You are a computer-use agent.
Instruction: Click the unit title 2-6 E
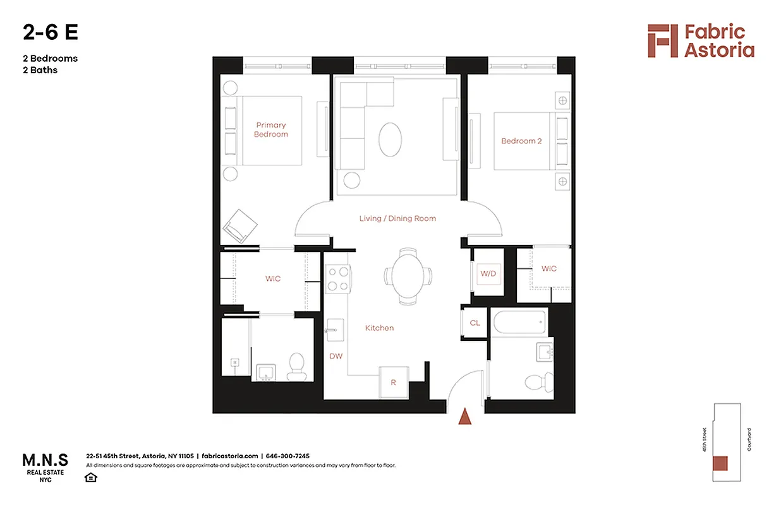pyautogui.click(x=51, y=32)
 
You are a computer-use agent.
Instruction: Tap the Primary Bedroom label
pyautogui.click(x=271, y=129)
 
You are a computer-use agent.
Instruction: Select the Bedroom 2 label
pyautogui.click(x=521, y=141)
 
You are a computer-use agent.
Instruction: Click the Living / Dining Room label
pyautogui.click(x=397, y=218)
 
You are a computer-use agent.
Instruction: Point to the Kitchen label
pyautogui.click(x=379, y=328)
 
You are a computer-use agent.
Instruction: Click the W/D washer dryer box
pyautogui.click(x=488, y=273)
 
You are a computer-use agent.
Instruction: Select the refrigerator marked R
pyautogui.click(x=393, y=381)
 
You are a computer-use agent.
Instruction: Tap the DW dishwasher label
pyautogui.click(x=336, y=356)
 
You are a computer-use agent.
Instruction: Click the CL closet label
pyautogui.click(x=475, y=323)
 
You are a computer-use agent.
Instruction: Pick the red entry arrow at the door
pyautogui.click(x=465, y=417)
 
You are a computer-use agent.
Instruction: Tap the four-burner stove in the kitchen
pyautogui.click(x=339, y=279)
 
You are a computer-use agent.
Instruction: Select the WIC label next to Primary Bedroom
pyautogui.click(x=273, y=278)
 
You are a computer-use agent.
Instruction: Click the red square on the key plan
pyautogui.click(x=720, y=463)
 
